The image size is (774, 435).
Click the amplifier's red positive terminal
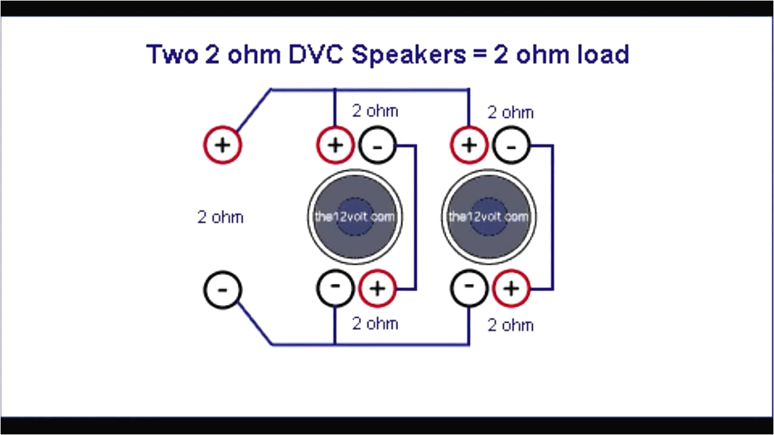[223, 146]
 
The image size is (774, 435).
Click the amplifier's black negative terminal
[223, 290]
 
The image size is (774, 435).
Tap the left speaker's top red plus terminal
[335, 146]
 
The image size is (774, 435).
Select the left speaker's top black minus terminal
[377, 146]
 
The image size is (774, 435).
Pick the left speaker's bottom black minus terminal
[335, 288]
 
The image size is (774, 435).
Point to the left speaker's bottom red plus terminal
[377, 288]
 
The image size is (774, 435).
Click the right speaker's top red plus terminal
[469, 146]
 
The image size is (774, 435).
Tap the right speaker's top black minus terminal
[512, 146]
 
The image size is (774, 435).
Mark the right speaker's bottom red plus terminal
[512, 288]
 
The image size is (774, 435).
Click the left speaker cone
[355, 216]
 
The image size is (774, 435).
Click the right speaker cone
[489, 216]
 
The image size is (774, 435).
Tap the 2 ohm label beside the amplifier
[220, 217]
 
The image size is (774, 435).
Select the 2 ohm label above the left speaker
[375, 111]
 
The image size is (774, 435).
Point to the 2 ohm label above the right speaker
[510, 112]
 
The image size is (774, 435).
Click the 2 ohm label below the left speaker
[375, 323]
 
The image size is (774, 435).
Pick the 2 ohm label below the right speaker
[510, 325]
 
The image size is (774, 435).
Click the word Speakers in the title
[409, 54]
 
